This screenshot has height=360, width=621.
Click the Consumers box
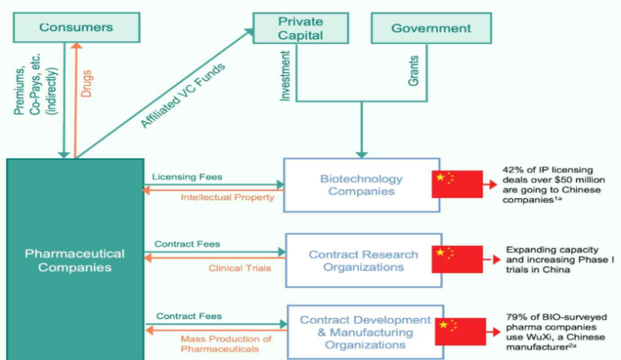point(76,28)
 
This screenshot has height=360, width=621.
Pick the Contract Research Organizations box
point(363,261)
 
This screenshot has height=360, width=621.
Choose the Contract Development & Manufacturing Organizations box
point(364,332)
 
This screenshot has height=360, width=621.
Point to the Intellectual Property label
point(227,197)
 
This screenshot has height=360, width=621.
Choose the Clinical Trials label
point(240,268)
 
